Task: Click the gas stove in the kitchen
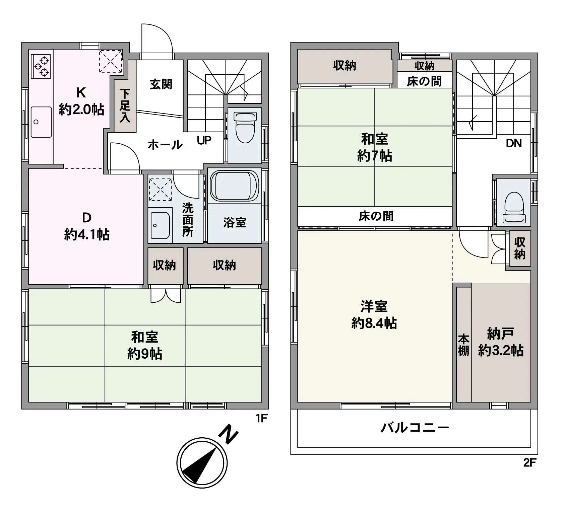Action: pyautogui.click(x=41, y=66)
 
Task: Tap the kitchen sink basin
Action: pyautogui.click(x=41, y=122)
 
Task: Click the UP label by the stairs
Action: pyautogui.click(x=204, y=140)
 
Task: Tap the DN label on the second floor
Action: pyautogui.click(x=514, y=143)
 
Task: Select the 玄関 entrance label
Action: pyautogui.click(x=161, y=84)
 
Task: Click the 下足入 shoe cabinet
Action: pyautogui.click(x=125, y=105)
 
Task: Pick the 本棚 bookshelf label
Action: pyautogui.click(x=463, y=345)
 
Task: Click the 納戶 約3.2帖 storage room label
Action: pyautogui.click(x=501, y=342)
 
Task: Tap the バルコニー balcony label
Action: pyautogui.click(x=415, y=428)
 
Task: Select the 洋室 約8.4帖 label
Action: pyautogui.click(x=374, y=315)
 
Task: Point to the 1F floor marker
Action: pyautogui.click(x=261, y=418)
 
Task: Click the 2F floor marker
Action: pyautogui.click(x=529, y=463)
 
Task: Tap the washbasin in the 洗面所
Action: pyautogui.click(x=160, y=225)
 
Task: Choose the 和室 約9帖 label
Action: pyautogui.click(x=145, y=345)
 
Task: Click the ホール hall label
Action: pyautogui.click(x=165, y=145)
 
